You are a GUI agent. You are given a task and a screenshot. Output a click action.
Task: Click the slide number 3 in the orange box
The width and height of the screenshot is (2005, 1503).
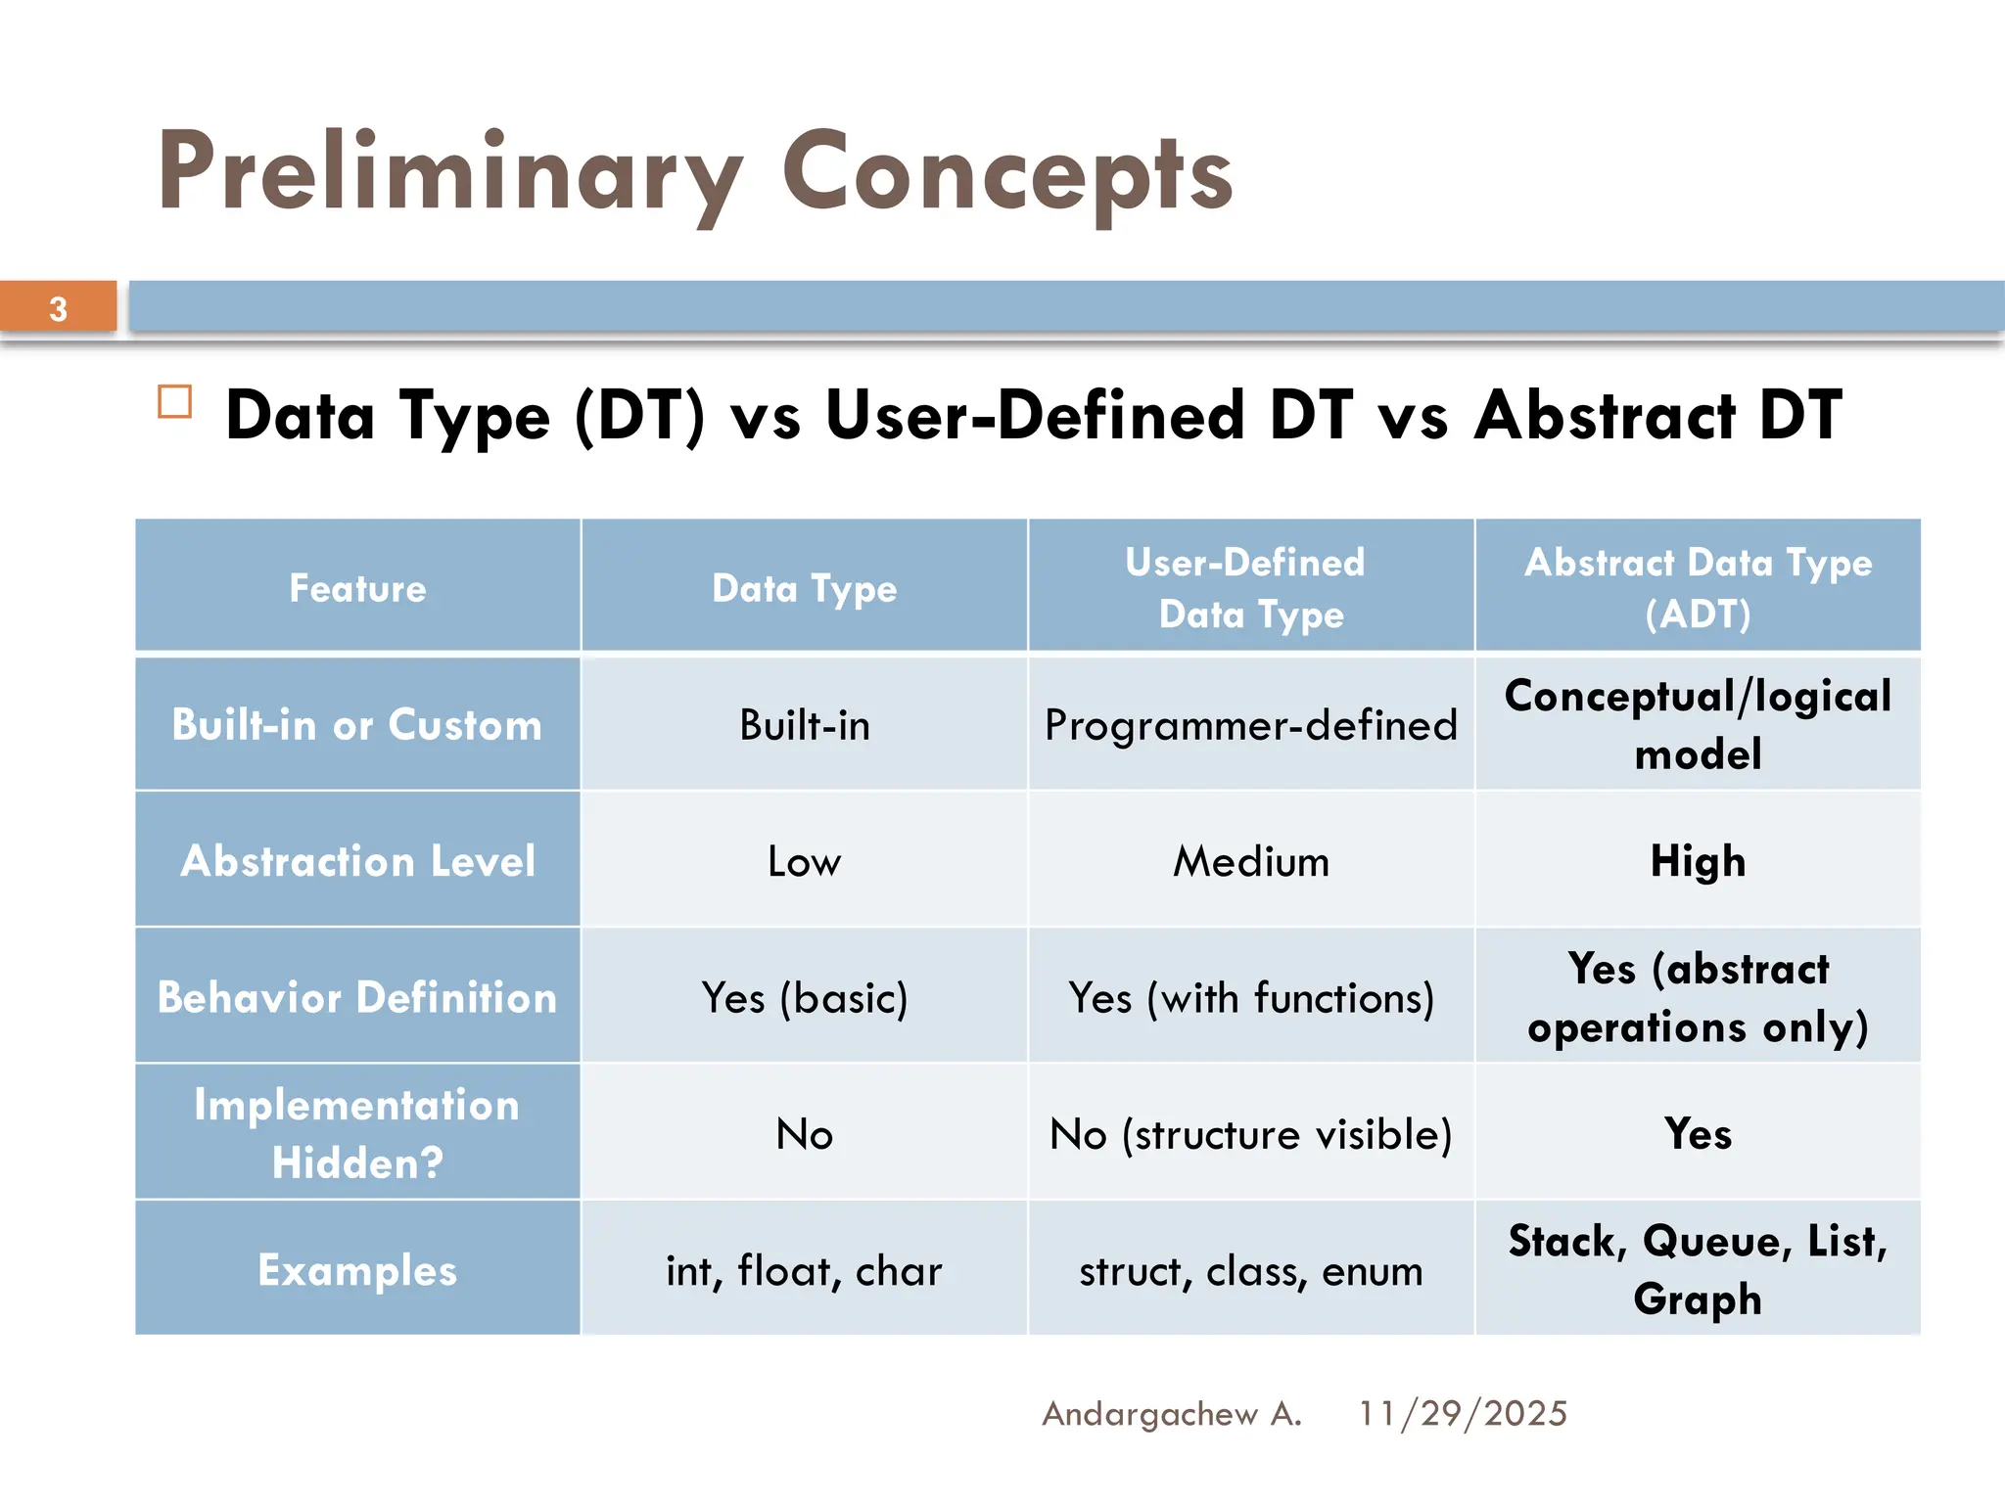58,309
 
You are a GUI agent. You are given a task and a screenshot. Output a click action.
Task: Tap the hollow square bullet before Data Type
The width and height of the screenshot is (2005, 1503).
175,402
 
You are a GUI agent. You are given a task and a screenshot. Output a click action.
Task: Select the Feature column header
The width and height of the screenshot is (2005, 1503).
357,588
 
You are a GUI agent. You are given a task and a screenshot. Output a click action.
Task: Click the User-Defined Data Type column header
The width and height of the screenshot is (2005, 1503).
1250,588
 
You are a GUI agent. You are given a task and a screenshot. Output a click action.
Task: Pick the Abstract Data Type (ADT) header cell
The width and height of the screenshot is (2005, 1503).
1698,588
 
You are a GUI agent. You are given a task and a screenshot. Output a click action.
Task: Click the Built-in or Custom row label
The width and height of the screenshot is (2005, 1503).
357,725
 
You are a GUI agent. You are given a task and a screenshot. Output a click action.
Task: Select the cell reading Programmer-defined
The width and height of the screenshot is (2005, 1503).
1250,725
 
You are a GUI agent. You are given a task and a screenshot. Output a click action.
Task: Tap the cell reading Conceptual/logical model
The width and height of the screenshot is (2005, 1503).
1698,725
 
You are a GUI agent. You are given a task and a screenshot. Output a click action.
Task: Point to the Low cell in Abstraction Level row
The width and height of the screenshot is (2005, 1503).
804,861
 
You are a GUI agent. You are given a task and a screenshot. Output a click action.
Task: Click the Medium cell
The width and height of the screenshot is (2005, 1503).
1250,861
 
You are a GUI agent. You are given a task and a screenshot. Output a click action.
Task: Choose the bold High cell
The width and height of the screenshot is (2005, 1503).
1698,861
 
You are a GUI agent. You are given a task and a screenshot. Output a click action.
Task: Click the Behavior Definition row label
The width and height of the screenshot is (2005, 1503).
357,997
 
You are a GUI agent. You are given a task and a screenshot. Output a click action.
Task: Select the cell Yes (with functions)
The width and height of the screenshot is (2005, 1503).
1250,997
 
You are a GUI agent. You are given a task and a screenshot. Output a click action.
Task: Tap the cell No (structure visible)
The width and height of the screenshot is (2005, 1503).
1250,1134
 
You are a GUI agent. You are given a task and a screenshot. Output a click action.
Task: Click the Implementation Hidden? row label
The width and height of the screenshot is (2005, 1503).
357,1133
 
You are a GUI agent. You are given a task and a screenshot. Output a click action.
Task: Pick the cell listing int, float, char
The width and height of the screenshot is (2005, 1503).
804,1270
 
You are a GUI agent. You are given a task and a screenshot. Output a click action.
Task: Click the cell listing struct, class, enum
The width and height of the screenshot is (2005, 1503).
1250,1270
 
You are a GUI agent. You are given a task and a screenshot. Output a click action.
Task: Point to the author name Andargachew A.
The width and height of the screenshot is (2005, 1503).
1171,1413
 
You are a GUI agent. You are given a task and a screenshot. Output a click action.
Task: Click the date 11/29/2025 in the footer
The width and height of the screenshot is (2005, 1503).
1463,1413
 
